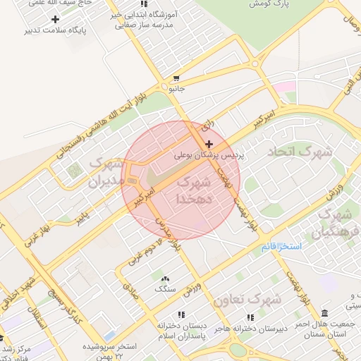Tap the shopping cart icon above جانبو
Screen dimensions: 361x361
coord(176,78)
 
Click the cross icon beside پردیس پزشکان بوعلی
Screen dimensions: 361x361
coord(209,144)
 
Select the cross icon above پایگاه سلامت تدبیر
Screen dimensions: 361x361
coord(55,19)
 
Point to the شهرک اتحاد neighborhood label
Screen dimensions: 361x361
coord(299,152)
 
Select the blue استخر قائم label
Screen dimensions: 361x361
coord(281,247)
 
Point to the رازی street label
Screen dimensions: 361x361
coord(207,126)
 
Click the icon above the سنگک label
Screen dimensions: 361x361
coord(165,279)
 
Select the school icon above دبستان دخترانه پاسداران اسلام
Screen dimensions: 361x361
coord(181,315)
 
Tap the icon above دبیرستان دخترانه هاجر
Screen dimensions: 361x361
coord(249,317)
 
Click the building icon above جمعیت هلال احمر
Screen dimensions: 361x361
coord(324,313)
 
